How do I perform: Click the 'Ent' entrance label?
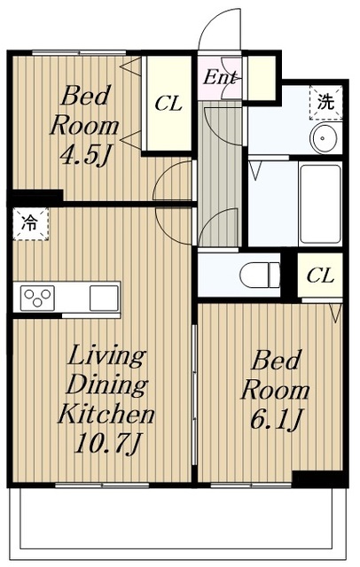[220, 77]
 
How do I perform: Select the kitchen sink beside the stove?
[104, 296]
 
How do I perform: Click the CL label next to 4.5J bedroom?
[168, 104]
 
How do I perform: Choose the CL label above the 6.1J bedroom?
[320, 276]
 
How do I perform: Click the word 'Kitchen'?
[106, 413]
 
